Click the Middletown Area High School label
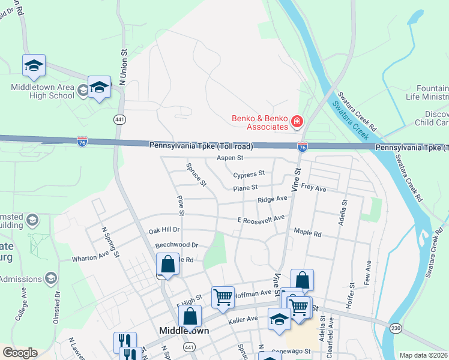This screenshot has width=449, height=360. click(x=43, y=91)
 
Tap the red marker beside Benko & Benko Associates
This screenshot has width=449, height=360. click(x=297, y=122)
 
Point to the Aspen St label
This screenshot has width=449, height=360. click(x=229, y=158)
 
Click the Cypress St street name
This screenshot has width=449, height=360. click(x=249, y=174)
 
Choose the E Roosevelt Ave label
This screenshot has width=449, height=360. click(x=261, y=220)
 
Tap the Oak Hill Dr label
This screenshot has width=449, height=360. click(x=164, y=230)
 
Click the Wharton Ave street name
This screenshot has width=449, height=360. click(x=91, y=257)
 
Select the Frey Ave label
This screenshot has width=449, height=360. click(x=313, y=188)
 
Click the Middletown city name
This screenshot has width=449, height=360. click(x=184, y=331)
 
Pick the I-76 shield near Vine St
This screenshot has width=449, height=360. click(x=303, y=146)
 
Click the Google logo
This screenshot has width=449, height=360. click(x=20, y=353)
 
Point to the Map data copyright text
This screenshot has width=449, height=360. click(x=423, y=355)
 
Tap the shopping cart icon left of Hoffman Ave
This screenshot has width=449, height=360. click(x=222, y=297)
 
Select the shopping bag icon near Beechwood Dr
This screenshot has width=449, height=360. click(x=168, y=264)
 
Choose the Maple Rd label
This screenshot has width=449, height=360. click(x=307, y=232)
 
